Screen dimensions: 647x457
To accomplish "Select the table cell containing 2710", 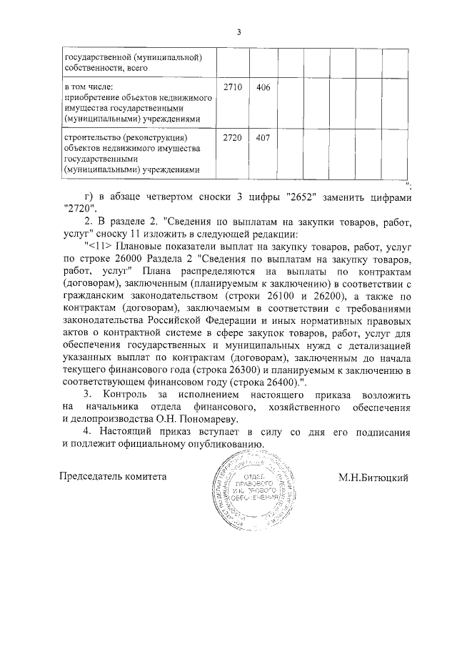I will coord(233,87).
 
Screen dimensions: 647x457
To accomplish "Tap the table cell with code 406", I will coord(262,87).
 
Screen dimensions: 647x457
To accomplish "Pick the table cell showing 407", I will coord(262,137).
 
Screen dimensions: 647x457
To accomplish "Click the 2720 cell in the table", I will coord(233,137).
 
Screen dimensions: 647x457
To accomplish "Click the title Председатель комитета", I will coord(112,476).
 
